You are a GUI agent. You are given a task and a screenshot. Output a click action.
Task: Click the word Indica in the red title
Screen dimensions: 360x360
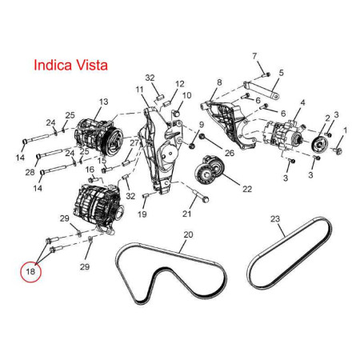coord(53,65)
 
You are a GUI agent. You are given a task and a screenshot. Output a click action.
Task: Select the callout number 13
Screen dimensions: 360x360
coord(104,102)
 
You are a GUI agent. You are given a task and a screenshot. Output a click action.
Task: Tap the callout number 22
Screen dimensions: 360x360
coord(247,189)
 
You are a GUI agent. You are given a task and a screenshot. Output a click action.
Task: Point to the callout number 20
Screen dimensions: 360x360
coord(188,234)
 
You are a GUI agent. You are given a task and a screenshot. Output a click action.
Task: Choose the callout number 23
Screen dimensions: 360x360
coord(275,219)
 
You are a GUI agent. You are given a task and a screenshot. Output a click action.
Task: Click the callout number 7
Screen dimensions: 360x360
coord(254,56)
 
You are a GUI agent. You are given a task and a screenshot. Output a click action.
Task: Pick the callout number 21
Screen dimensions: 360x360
coord(186,214)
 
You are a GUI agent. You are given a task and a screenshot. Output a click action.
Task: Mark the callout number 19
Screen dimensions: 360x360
coord(142,214)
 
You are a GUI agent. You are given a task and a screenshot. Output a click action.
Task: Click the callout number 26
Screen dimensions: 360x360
coord(230,153)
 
